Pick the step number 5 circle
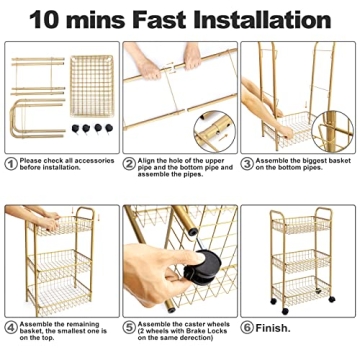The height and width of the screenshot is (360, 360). pos(129,325)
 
